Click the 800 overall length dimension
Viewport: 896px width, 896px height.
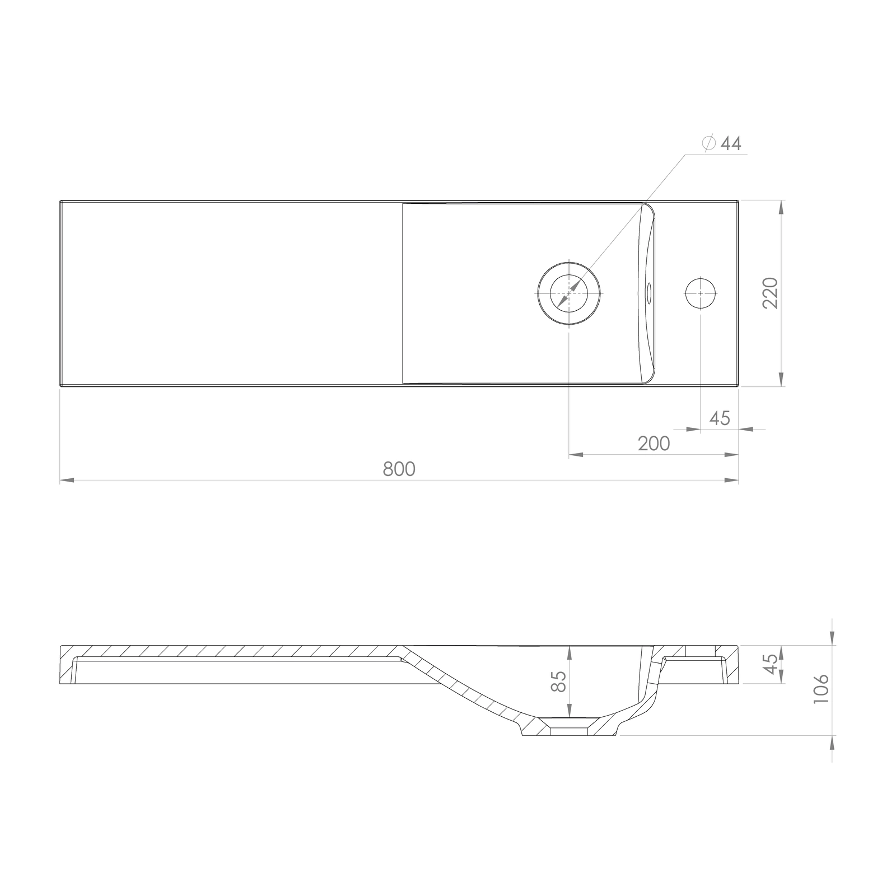399,468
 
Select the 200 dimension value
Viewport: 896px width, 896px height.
654,444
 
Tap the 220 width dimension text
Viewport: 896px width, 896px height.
770,293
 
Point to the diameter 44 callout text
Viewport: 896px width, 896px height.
722,143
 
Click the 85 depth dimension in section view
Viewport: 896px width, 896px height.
559,682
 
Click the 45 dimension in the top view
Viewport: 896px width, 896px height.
720,418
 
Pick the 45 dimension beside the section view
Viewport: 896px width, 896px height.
771,664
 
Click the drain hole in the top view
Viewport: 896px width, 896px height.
568,293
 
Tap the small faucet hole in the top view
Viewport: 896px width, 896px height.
701,293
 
